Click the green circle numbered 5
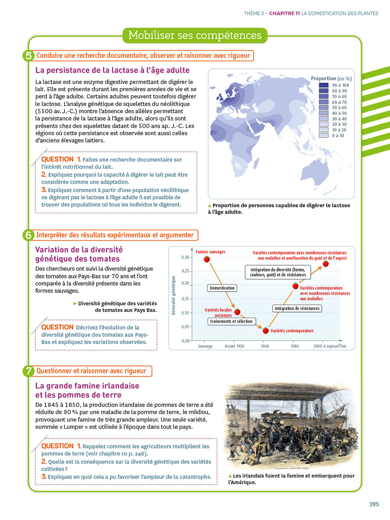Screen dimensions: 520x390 point(28,55)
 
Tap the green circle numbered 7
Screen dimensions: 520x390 point(28,371)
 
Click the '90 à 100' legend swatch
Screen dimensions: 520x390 point(323,85)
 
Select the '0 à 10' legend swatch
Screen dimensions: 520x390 point(323,136)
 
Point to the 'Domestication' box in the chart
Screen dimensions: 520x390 point(222,288)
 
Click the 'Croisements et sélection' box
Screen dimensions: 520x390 point(231,321)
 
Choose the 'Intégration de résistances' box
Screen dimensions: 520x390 point(297,309)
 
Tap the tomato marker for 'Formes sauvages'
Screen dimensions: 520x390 point(207,259)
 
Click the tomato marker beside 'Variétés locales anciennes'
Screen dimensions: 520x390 point(237,312)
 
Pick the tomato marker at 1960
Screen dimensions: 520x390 point(266,330)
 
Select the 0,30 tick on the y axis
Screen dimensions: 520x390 point(185,257)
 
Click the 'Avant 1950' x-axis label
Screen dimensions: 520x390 point(234,346)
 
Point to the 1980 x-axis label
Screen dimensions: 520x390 point(295,346)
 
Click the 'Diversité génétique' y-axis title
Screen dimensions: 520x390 point(173,295)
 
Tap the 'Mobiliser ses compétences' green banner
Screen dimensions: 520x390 point(195,35)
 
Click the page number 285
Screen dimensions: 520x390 point(374,504)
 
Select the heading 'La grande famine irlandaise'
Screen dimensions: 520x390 point(87,386)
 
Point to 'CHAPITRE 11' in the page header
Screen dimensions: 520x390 point(284,14)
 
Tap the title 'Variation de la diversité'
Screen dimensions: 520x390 point(79,250)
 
